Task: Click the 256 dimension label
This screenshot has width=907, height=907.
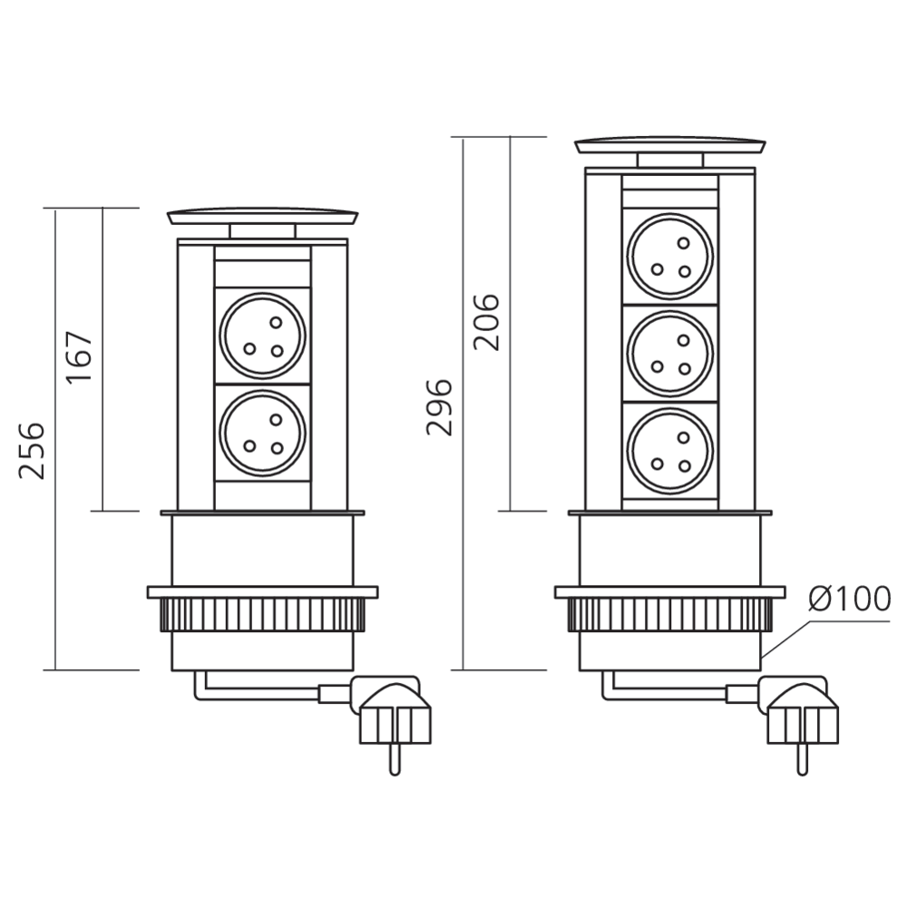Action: tap(33, 450)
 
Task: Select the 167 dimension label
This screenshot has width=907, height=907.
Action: tap(80, 358)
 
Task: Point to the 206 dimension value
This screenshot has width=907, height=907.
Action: tap(487, 321)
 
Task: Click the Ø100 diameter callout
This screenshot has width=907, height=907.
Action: tap(850, 599)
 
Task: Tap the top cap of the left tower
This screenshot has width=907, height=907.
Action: tap(262, 218)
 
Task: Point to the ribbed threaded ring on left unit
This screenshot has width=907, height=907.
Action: tap(262, 617)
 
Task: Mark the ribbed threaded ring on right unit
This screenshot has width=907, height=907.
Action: tap(670, 617)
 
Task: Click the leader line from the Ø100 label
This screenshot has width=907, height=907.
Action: tap(785, 635)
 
